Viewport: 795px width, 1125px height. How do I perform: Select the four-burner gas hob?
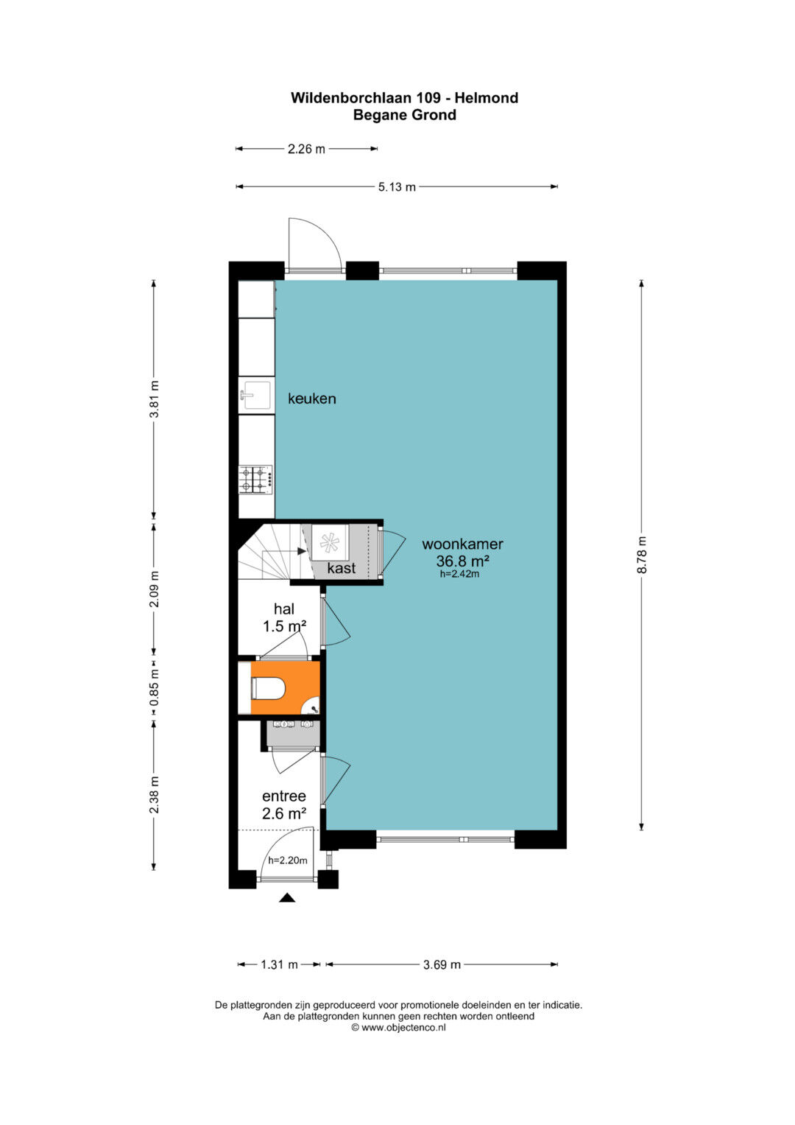pos(256,479)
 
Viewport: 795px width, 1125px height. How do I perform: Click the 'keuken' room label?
pos(311,399)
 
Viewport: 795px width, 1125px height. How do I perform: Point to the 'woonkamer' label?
pos(462,544)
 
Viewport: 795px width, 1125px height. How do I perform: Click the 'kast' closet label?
pos(342,568)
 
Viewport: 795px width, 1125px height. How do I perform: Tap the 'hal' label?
pos(284,609)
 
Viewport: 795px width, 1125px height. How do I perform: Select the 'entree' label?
pos(284,796)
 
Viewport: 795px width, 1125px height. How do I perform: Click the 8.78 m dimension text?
pos(642,555)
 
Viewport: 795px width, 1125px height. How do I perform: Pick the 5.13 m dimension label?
pos(397,187)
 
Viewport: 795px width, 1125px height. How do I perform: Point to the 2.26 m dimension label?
pos(306,149)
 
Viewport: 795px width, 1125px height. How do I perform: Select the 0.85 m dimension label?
pos(154,687)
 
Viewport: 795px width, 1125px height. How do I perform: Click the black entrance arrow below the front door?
pos(288,898)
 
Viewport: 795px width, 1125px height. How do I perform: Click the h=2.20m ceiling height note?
pos(288,861)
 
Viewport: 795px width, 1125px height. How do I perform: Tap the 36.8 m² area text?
pos(463,561)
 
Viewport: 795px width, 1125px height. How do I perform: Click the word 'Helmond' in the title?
pos(487,98)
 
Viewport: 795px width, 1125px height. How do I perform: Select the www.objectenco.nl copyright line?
pos(398,1028)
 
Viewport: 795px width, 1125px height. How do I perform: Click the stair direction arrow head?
pos(302,551)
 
